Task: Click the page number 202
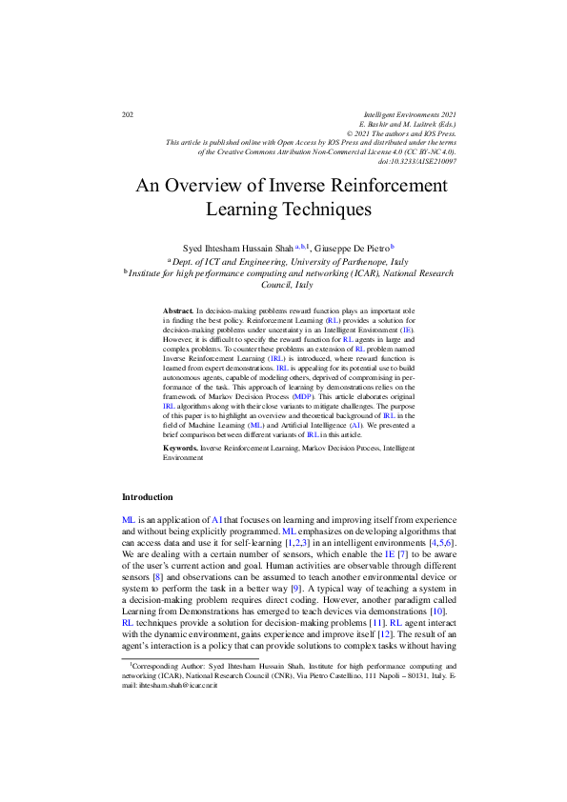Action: [x=128, y=115]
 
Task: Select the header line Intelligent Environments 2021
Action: [x=403, y=114]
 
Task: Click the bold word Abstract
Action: [x=178, y=311]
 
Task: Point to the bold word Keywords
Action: [x=181, y=447]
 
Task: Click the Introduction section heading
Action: [x=148, y=497]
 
